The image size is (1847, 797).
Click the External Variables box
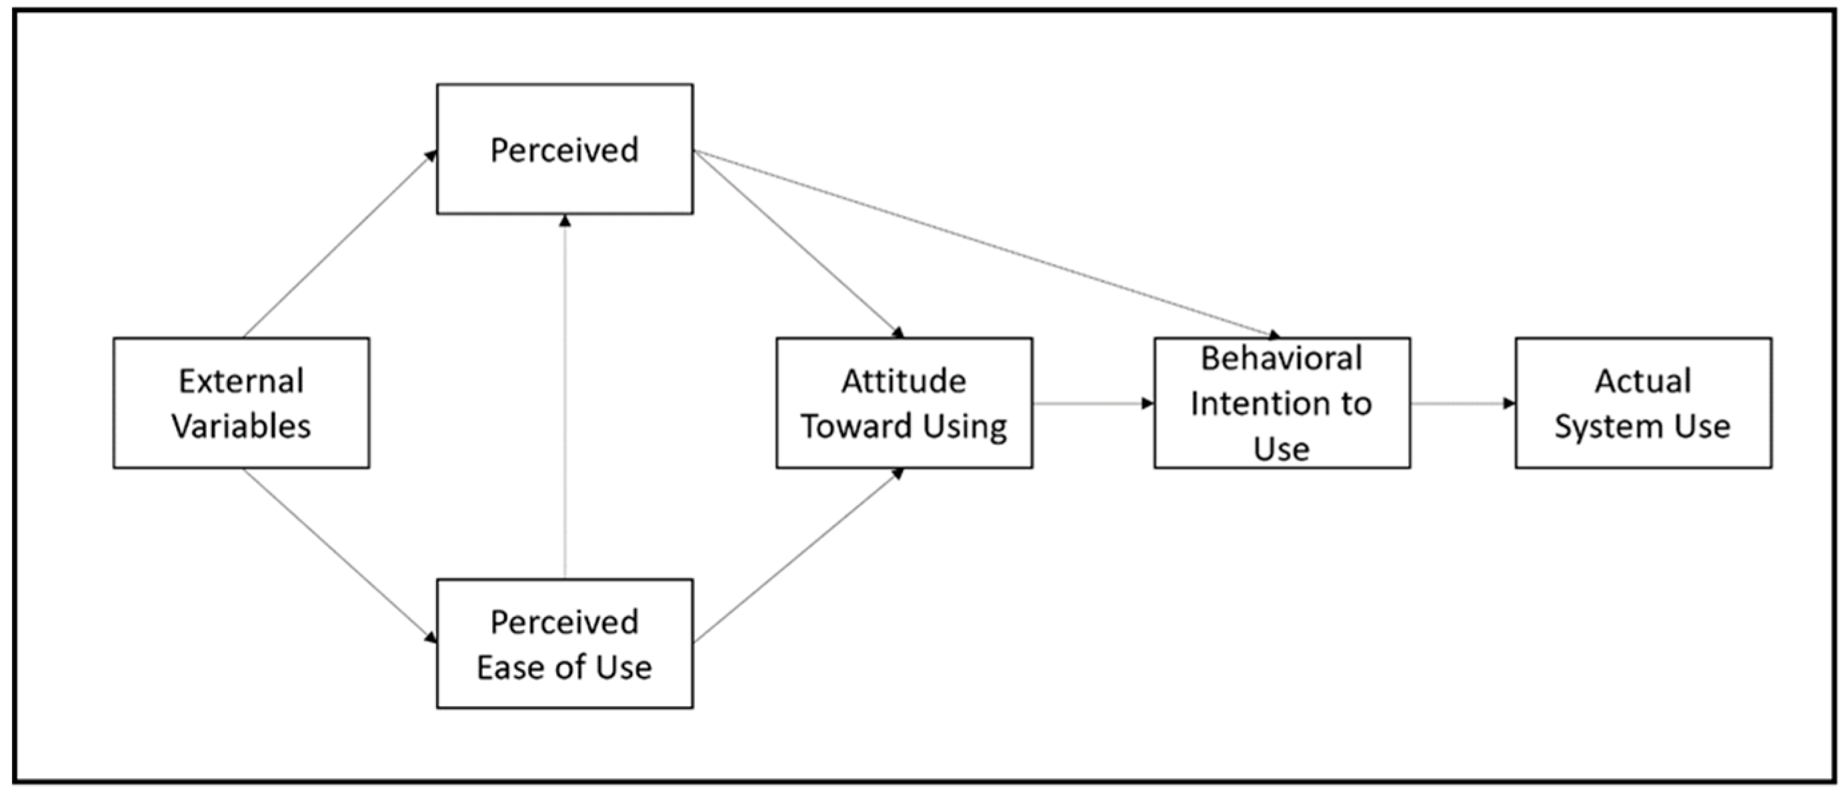[x=241, y=403]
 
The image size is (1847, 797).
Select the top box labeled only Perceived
[x=564, y=149]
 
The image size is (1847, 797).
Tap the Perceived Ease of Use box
[x=564, y=644]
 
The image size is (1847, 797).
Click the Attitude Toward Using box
[x=903, y=403]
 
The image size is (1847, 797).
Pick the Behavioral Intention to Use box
[x=1282, y=403]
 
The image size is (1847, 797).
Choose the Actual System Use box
[x=1643, y=403]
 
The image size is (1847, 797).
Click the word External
[x=241, y=381]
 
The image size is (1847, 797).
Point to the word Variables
[x=241, y=426]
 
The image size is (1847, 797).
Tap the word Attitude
[x=903, y=381]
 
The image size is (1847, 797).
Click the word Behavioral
[x=1282, y=358]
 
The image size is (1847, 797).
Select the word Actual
[x=1643, y=381]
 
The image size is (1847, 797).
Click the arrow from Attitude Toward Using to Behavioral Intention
[x=1093, y=403]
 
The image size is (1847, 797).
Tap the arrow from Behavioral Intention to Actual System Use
[x=1463, y=403]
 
